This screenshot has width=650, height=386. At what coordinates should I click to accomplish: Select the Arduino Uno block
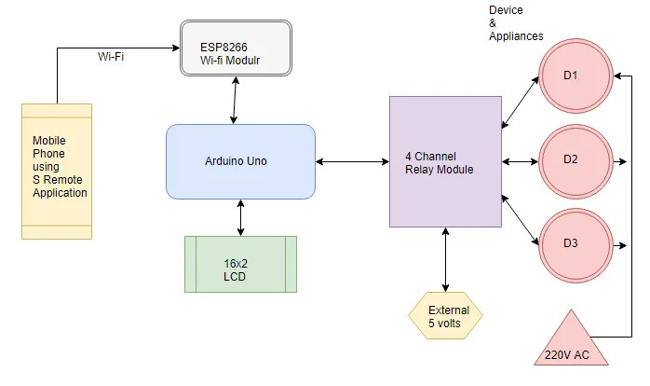[x=240, y=161]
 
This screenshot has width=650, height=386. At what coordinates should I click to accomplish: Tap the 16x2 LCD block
[x=240, y=264]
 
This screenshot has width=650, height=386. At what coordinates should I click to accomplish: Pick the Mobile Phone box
[x=57, y=172]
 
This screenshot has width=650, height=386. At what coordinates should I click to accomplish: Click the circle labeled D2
[x=571, y=159]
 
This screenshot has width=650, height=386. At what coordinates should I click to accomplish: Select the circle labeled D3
[x=571, y=244]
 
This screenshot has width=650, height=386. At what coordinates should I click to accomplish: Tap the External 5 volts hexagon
[x=446, y=317]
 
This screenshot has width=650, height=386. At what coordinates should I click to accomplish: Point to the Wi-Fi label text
[x=112, y=57]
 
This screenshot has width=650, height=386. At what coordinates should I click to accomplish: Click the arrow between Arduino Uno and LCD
[x=241, y=216]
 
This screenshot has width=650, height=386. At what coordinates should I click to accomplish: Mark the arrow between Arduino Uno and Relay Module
[x=352, y=162]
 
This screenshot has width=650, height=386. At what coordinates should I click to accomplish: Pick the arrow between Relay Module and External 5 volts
[x=446, y=258]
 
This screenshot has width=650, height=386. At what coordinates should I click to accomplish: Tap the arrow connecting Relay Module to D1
[x=521, y=103]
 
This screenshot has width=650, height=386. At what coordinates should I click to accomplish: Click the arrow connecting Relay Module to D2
[x=520, y=160]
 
